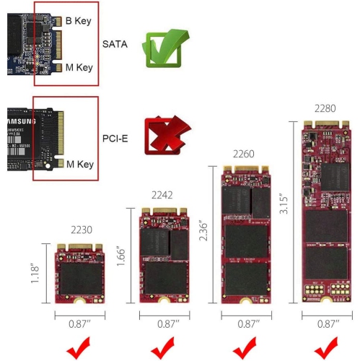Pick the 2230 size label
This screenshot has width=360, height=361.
point(82,230)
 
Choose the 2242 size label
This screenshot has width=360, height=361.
point(162,195)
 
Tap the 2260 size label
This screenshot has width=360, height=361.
point(245,154)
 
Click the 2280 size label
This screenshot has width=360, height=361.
point(325,109)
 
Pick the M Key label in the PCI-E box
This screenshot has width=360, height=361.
point(79,163)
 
